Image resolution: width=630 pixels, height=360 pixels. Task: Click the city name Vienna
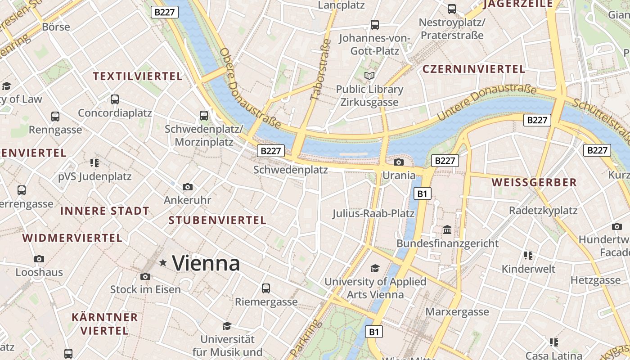tap(206, 263)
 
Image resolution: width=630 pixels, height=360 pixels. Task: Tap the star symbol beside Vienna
tap(163, 262)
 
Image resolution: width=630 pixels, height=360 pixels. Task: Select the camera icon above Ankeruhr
tap(188, 187)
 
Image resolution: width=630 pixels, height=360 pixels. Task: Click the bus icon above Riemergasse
tap(266, 288)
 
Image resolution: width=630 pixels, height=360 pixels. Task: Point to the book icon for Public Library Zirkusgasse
tap(369, 76)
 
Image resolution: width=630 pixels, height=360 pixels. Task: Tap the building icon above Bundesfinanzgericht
tap(447, 230)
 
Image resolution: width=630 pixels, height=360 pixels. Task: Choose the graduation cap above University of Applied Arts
tap(375, 269)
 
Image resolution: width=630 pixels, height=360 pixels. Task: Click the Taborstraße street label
tap(321, 70)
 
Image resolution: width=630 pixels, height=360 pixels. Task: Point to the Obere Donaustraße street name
tap(250, 88)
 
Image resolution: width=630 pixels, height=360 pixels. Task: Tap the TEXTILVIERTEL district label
tap(138, 76)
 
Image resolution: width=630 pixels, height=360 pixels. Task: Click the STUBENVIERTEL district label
tap(217, 220)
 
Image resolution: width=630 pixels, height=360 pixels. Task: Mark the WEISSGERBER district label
tap(534, 182)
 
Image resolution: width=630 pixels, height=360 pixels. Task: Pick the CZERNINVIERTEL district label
tap(474, 69)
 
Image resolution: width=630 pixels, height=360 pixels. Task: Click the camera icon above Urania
tap(399, 162)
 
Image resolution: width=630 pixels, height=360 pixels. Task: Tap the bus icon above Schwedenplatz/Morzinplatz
tap(204, 116)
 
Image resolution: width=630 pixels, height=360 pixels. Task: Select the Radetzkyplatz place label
tap(543, 211)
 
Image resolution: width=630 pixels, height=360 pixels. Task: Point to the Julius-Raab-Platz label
tap(373, 213)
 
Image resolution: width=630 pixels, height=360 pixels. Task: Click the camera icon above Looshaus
tap(39, 259)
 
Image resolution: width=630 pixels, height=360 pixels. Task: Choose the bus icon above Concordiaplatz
tap(115, 99)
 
